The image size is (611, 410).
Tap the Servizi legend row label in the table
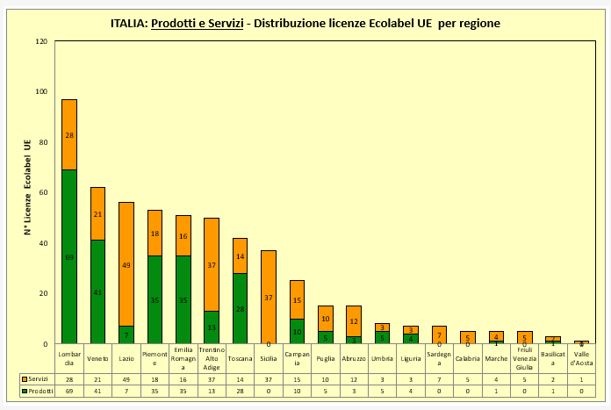[35, 378]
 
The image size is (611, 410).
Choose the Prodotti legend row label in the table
[35, 390]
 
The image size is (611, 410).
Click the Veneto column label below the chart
[97, 357]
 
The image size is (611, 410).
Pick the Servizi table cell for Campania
[297, 378]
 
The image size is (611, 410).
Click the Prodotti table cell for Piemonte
[155, 390]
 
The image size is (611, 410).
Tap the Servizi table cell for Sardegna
[439, 378]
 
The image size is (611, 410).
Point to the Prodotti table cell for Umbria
[382, 390]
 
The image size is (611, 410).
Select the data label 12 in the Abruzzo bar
[354, 321]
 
